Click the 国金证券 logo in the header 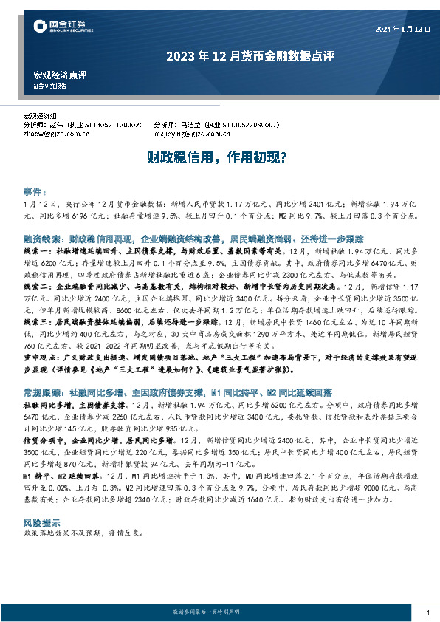pos(62,27)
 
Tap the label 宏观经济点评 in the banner pos(61,75)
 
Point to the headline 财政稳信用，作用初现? pos(216,157)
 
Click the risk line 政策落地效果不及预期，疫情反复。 pos(81,511)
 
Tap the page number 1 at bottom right pos(427,613)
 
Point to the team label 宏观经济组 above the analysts pos(40,117)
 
